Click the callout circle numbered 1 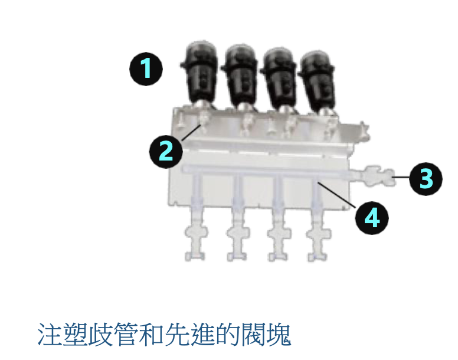[146, 69]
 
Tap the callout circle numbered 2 [166, 152]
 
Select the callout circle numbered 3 [426, 179]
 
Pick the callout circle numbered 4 [372, 218]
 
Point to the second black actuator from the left [240, 77]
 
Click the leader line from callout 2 [191, 132]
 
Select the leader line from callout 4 [337, 195]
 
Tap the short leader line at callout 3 [401, 177]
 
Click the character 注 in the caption [50, 335]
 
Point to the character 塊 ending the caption [279, 335]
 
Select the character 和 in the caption [151, 335]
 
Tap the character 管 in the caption [126, 335]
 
